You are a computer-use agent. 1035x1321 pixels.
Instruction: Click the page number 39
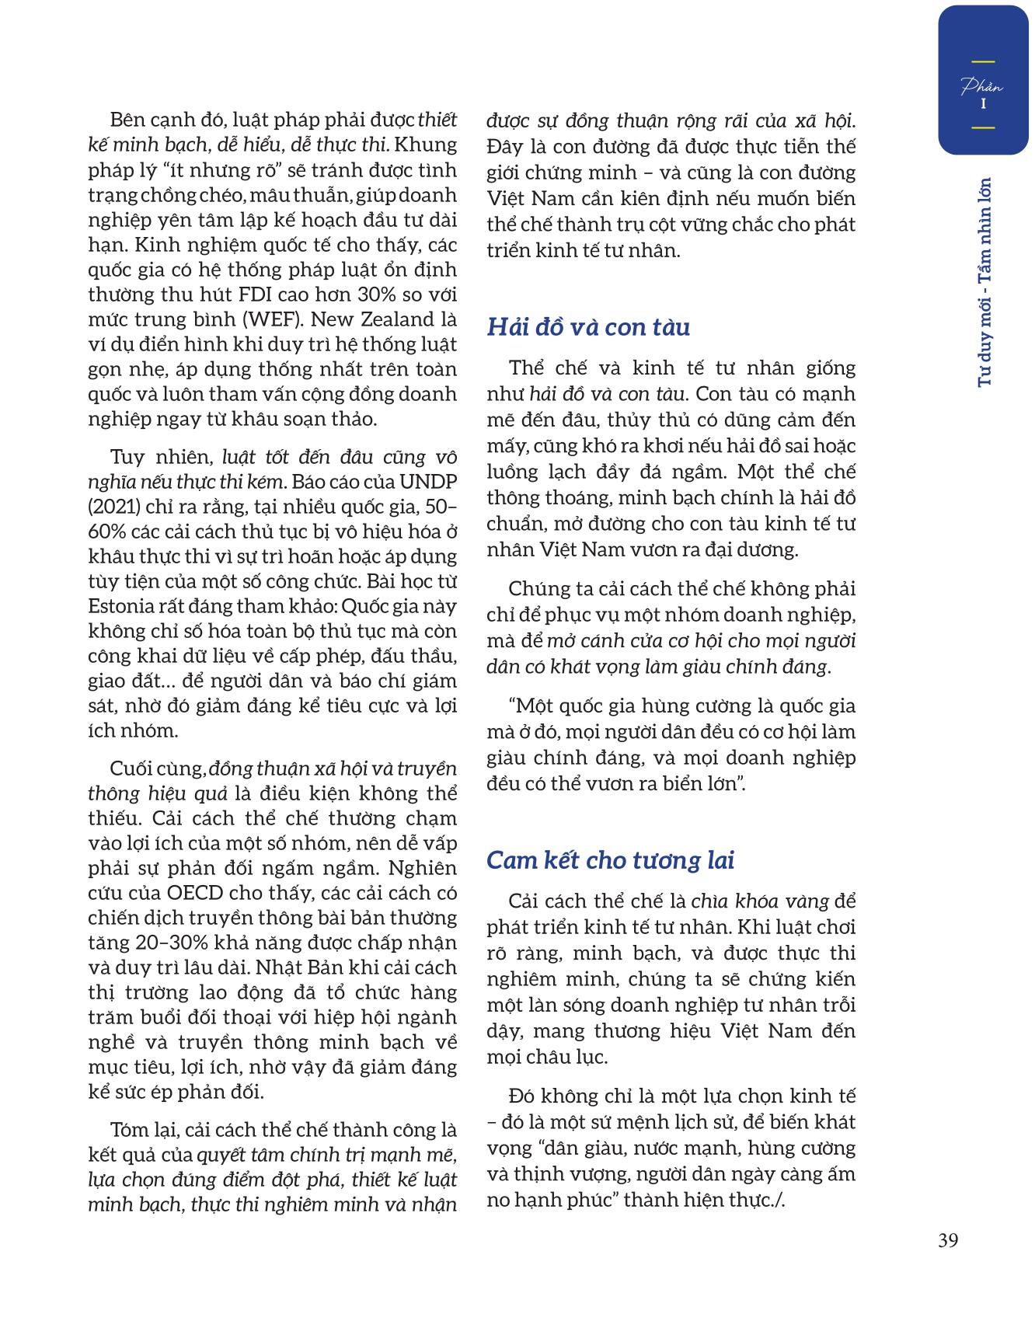click(947, 1240)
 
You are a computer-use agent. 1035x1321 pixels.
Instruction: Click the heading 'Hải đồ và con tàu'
click(588, 327)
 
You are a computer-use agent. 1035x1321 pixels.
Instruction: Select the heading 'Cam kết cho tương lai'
click(610, 860)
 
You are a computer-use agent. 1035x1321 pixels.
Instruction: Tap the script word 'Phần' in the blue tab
click(982, 86)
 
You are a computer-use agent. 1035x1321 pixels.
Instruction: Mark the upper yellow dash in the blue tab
click(983, 61)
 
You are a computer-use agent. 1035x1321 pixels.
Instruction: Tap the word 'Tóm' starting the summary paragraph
click(130, 1130)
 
